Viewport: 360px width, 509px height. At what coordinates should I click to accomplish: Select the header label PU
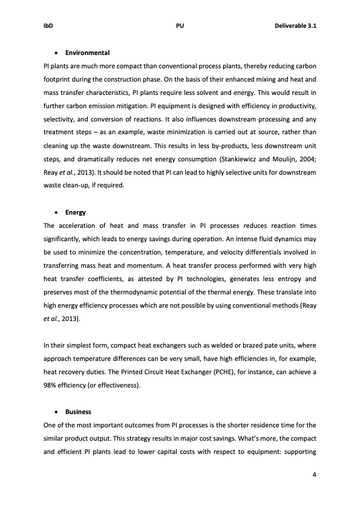tap(180, 26)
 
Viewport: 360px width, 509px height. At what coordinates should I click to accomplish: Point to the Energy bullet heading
tap(76, 212)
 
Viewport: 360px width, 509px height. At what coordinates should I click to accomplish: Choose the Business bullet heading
tap(78, 412)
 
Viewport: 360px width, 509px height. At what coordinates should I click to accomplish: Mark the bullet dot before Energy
tap(56, 213)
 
